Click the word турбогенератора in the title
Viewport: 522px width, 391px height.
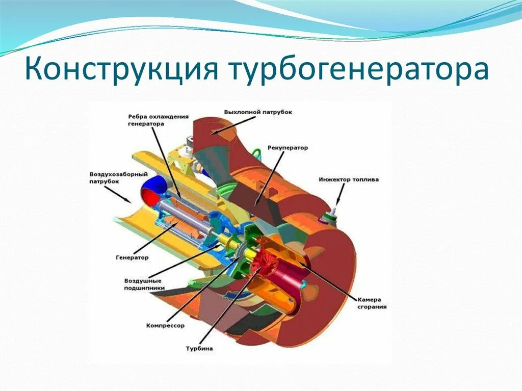click(359, 70)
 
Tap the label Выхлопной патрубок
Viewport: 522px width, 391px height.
click(258, 112)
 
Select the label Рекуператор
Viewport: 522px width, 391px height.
click(288, 147)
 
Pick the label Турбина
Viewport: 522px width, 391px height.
click(199, 349)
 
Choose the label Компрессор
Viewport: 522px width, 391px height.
click(165, 325)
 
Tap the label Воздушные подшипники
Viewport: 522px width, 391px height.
click(143, 284)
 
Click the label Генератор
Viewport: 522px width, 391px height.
click(132, 257)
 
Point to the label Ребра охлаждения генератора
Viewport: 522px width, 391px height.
click(153, 121)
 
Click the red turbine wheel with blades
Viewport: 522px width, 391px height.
click(265, 260)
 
